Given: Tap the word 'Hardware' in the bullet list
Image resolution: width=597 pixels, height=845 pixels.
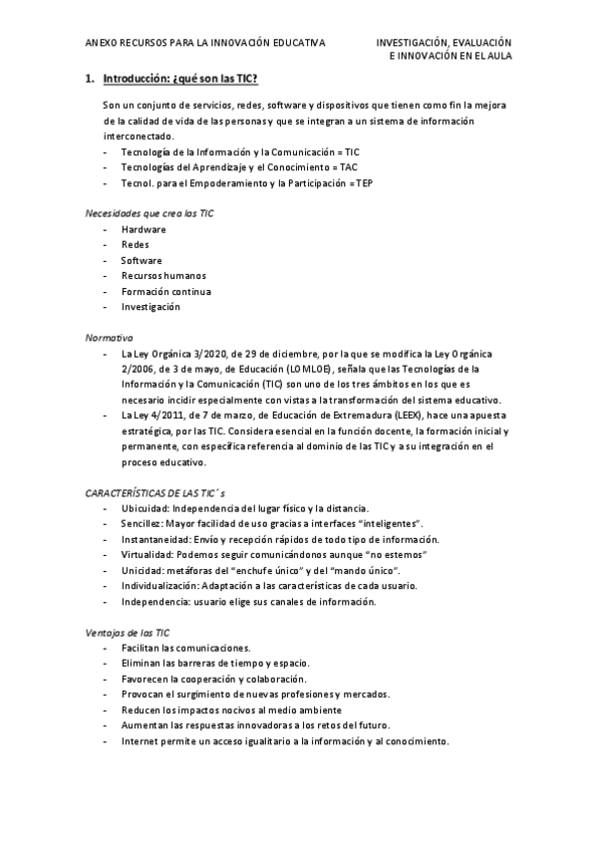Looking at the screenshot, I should pyautogui.click(x=144, y=229).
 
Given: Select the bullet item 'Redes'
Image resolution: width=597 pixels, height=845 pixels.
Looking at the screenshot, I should pyautogui.click(x=136, y=244).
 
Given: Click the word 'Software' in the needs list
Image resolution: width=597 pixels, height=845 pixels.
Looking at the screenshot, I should pyautogui.click(x=142, y=260).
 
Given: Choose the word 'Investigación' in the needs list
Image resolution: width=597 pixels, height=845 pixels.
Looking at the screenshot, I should pyautogui.click(x=150, y=307).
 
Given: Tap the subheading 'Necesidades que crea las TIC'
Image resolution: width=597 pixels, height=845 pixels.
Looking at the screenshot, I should pyautogui.click(x=149, y=213).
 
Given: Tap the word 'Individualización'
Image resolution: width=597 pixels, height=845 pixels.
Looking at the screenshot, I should pyautogui.click(x=160, y=586).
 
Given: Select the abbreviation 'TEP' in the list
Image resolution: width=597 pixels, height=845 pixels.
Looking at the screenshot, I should pyautogui.click(x=365, y=183).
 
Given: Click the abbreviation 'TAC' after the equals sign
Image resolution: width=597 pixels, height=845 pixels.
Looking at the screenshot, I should pyautogui.click(x=348, y=167).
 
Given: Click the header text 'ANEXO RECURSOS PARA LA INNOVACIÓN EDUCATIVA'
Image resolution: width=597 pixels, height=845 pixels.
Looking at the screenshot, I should pyautogui.click(x=205, y=44).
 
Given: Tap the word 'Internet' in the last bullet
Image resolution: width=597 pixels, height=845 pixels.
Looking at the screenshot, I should pyautogui.click(x=142, y=741).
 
